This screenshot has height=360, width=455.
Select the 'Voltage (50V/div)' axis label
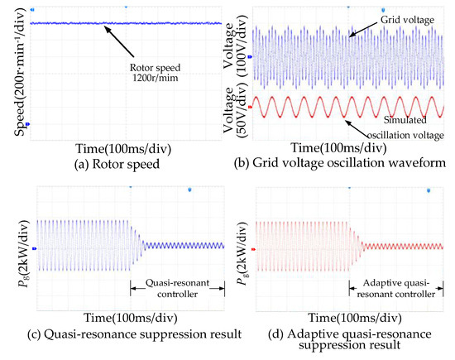(x=236, y=110)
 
